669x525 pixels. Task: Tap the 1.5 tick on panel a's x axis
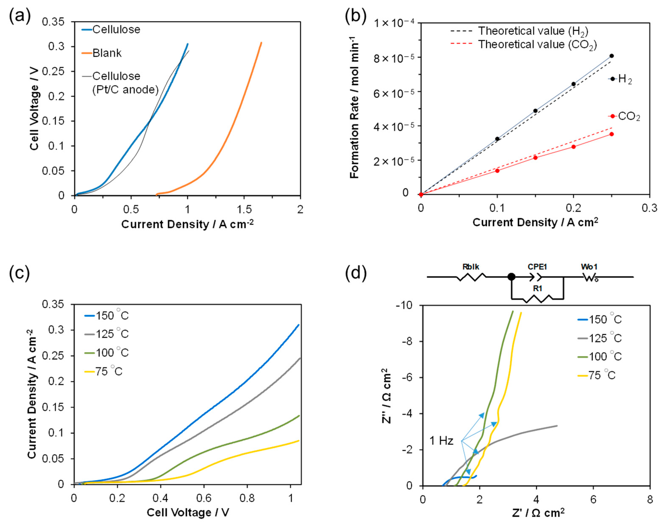244,210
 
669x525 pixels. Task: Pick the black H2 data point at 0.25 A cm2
611,56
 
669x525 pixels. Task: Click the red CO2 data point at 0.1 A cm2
497,171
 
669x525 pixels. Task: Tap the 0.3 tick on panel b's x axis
649,208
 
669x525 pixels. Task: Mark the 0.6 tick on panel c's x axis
204,498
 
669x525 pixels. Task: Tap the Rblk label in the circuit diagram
471,267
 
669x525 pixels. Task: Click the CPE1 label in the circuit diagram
537,267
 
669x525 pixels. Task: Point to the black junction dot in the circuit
511,277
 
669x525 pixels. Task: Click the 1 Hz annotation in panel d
441,441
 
